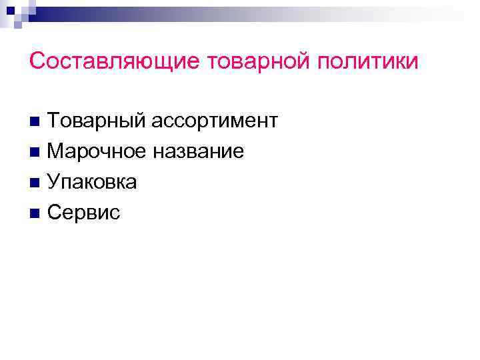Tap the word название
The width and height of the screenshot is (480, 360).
click(x=198, y=152)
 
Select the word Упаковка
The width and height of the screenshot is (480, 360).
click(x=92, y=182)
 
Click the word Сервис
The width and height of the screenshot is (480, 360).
click(x=84, y=213)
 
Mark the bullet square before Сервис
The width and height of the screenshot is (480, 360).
click(x=35, y=214)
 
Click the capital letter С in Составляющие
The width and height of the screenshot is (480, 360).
click(x=37, y=61)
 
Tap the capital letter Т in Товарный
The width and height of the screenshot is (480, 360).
click(x=54, y=121)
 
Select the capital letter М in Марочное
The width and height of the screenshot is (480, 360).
click(x=56, y=151)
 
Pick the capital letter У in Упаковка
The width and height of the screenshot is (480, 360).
click(x=54, y=182)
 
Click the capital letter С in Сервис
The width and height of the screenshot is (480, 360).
click(x=54, y=213)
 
